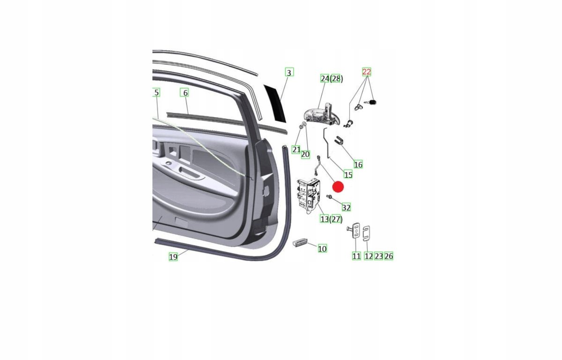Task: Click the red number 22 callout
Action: coord(366,72)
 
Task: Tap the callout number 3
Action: coord(289,72)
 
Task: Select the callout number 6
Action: coord(185,93)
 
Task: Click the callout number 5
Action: coord(156,92)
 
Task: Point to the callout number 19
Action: coord(173,256)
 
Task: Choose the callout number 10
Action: coord(322,248)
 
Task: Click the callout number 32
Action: coord(346,207)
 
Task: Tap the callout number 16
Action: coord(358,165)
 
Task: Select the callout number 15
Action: coord(348,174)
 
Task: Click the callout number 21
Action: coord(296,150)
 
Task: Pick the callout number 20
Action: coord(305,154)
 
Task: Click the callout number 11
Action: coord(356,256)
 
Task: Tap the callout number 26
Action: coord(389,256)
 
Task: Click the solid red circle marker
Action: coord(338,187)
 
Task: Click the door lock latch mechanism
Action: coord(309,195)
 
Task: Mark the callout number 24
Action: coord(325,78)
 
